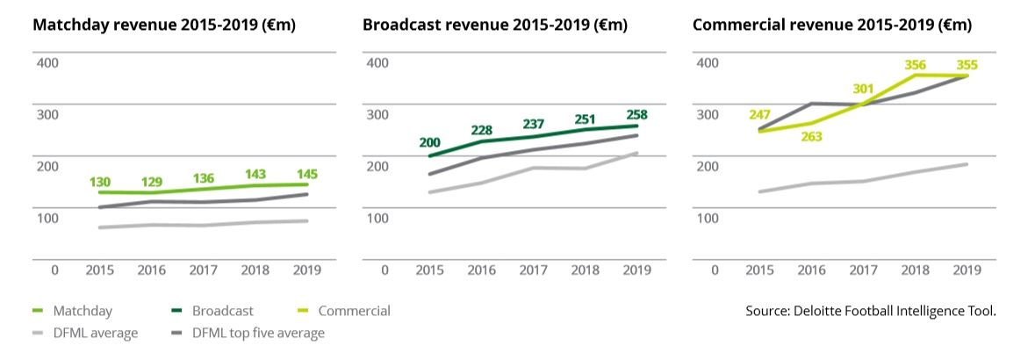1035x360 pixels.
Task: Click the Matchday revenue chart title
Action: (164, 25)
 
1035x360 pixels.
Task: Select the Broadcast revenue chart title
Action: (495, 25)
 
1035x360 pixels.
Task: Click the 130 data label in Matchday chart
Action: (100, 182)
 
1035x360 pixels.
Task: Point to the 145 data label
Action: (306, 175)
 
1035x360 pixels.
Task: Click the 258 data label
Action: (636, 115)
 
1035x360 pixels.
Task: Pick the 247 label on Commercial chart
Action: (760, 115)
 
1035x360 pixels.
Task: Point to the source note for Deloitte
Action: (871, 311)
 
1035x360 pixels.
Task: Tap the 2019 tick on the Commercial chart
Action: (967, 270)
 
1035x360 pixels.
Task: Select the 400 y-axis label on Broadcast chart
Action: (377, 62)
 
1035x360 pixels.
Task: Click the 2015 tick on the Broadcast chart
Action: (430, 270)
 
